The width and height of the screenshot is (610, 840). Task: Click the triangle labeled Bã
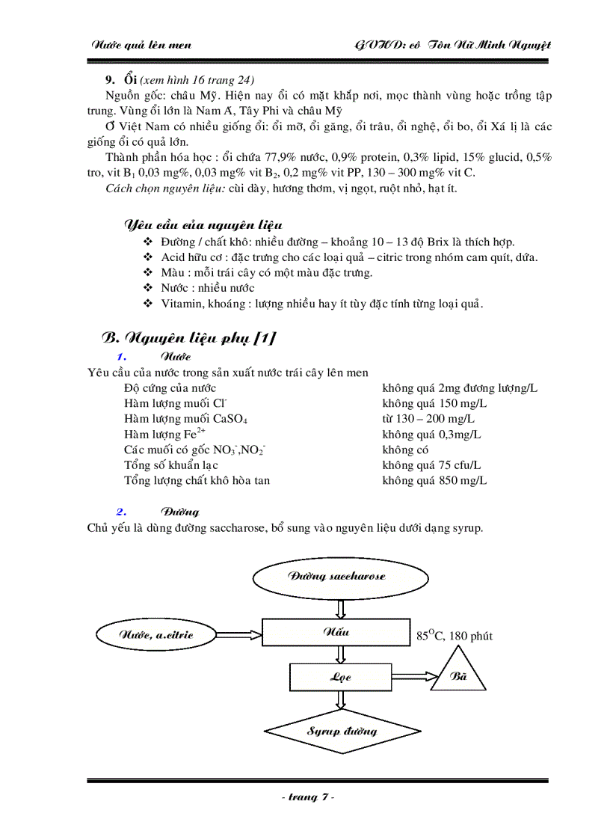coord(458,675)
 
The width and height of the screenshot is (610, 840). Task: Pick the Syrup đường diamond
coord(342,731)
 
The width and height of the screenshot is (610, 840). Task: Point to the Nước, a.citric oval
coord(155,635)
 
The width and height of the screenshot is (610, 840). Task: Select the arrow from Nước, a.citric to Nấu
coord(238,634)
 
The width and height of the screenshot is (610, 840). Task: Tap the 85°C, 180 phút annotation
coord(455,636)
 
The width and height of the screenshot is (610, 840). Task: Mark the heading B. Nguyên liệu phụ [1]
coord(188,338)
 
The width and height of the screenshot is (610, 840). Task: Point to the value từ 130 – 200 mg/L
coord(428,419)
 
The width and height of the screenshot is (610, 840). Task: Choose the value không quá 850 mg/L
coord(434,480)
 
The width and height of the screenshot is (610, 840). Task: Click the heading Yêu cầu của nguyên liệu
coord(203,225)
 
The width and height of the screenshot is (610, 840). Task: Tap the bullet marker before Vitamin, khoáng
coord(147,303)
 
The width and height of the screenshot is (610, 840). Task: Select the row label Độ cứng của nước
coord(170,387)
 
